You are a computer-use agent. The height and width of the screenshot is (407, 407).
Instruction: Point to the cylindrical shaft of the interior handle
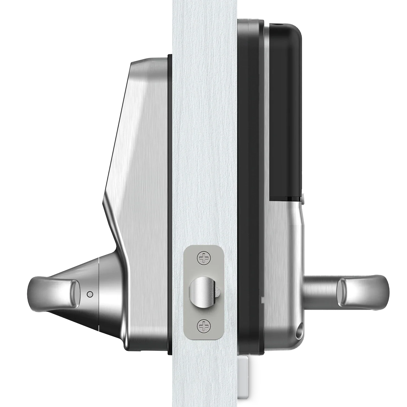tap(320, 292)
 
